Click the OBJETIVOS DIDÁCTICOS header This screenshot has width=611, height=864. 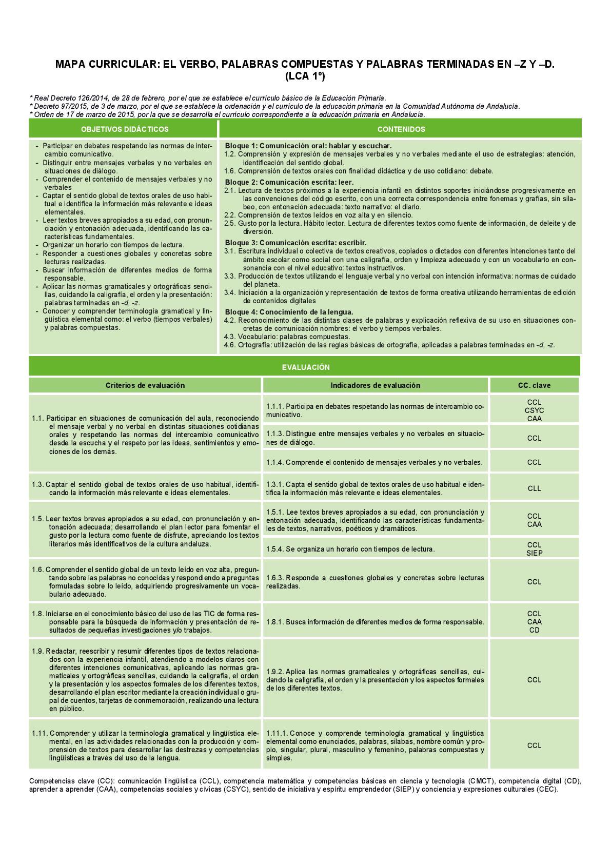(x=125, y=129)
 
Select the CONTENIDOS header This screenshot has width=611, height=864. (x=401, y=129)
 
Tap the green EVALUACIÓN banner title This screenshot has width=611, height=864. (x=306, y=367)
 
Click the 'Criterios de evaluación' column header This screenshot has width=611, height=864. (x=145, y=385)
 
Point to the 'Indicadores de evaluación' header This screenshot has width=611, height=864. (x=375, y=385)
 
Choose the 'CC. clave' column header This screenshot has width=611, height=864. (x=534, y=385)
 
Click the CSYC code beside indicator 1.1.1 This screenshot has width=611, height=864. (x=534, y=410)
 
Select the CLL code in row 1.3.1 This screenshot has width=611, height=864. (x=534, y=488)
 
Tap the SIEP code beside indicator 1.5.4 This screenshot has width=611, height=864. (x=534, y=553)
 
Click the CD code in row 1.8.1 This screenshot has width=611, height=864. (x=534, y=630)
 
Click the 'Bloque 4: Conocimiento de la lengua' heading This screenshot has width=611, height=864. (x=289, y=312)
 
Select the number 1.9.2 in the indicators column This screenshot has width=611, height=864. (x=275, y=672)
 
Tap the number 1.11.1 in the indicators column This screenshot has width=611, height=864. (x=277, y=734)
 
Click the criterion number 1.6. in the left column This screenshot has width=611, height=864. (x=37, y=570)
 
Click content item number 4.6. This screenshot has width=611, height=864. (x=230, y=345)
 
